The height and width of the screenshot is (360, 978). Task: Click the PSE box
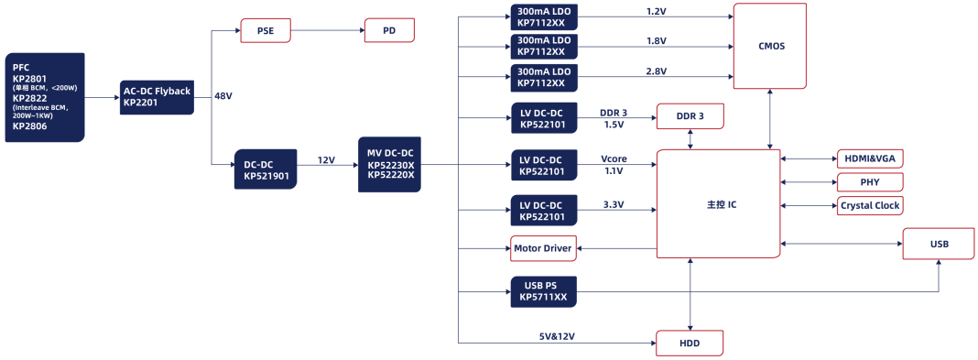[x=265, y=30]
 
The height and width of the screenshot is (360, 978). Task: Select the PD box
[x=389, y=30]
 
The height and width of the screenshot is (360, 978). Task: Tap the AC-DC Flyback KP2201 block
[x=157, y=97]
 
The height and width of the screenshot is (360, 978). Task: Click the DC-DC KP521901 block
[x=266, y=169]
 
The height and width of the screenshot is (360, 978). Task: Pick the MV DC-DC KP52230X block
[x=390, y=165]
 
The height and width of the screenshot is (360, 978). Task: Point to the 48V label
[x=223, y=97]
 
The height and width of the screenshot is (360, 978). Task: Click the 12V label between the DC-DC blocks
[x=326, y=160]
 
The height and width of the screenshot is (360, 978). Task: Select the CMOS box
[x=770, y=46]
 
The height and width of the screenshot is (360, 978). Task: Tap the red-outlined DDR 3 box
[x=690, y=116]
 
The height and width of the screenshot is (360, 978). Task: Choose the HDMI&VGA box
[x=869, y=159]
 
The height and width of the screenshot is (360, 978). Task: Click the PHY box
[x=869, y=182]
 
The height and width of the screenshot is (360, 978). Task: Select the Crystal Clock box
[x=869, y=205]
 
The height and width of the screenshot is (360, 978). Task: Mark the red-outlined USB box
[x=939, y=244]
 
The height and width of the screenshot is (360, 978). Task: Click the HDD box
[x=690, y=344]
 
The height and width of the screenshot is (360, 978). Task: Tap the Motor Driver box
[x=543, y=248]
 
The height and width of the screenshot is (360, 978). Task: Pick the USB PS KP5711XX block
[x=543, y=291]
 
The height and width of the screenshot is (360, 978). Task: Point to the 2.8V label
[x=657, y=71]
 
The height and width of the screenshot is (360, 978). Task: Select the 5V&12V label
[x=557, y=336]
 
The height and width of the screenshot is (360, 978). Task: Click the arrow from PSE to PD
[x=328, y=30]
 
